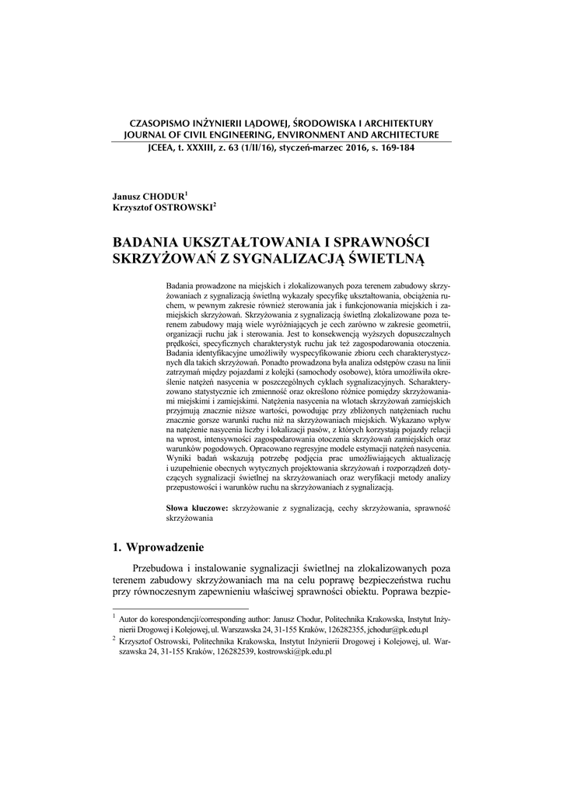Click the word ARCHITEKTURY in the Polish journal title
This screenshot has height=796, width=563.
click(x=397, y=124)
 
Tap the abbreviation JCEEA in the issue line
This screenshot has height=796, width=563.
click(x=153, y=148)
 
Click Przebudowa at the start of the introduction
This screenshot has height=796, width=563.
click(x=164, y=569)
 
